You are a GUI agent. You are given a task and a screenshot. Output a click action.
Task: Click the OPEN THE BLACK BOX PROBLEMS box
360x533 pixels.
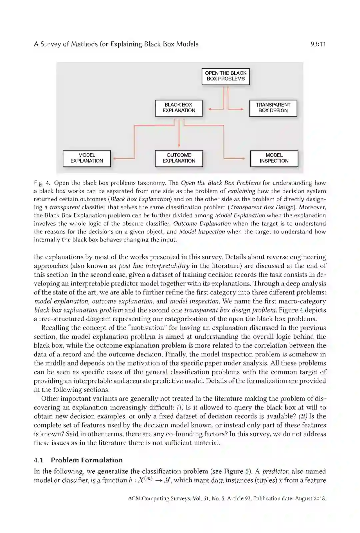click(x=225, y=76)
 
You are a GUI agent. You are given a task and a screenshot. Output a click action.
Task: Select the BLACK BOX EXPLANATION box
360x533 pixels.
click(x=179, y=108)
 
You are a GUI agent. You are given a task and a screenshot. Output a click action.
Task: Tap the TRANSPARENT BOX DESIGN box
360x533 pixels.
click(x=273, y=108)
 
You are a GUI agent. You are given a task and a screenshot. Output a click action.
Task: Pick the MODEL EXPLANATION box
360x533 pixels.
click(x=87, y=158)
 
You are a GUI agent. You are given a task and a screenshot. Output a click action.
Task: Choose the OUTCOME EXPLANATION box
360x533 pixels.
click(x=179, y=158)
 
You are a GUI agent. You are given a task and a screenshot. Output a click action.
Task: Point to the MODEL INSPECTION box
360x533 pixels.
click(x=274, y=158)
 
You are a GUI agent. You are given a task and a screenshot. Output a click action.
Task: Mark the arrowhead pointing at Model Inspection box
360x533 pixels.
click(x=247, y=159)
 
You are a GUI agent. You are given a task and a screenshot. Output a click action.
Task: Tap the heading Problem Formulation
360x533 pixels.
click(x=87, y=460)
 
